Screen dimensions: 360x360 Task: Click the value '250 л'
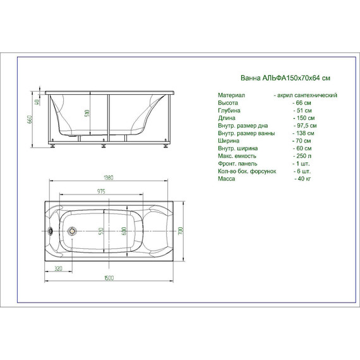coord(302,156)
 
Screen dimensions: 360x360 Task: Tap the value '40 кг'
coord(303,179)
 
